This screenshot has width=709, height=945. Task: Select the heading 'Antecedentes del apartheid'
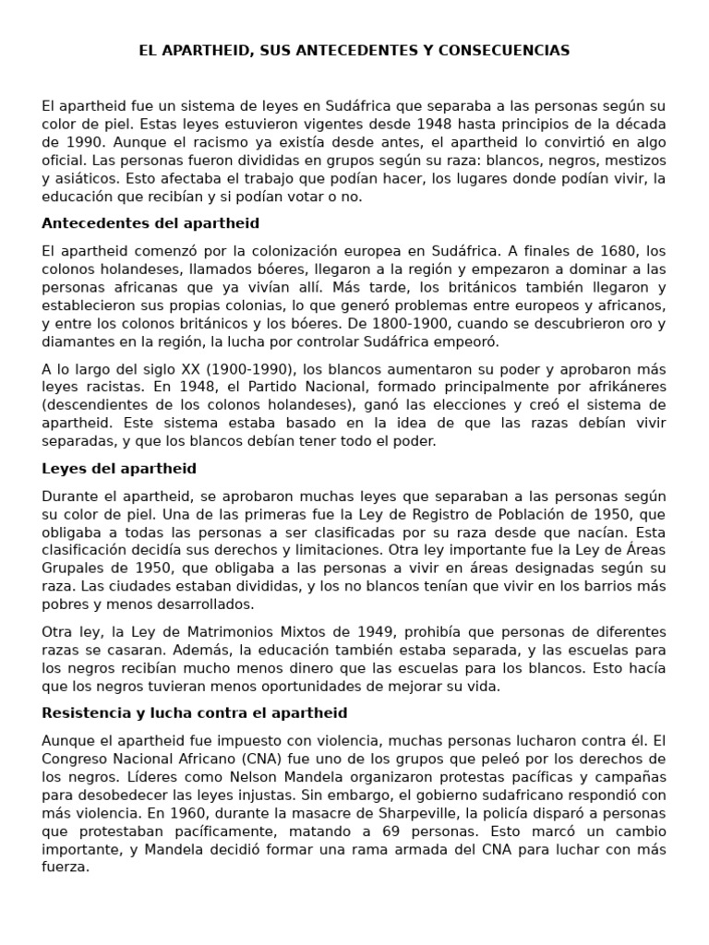point(150,223)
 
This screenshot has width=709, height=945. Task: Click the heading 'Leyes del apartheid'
point(119,469)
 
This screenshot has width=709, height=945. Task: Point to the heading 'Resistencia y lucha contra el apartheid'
point(195,712)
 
